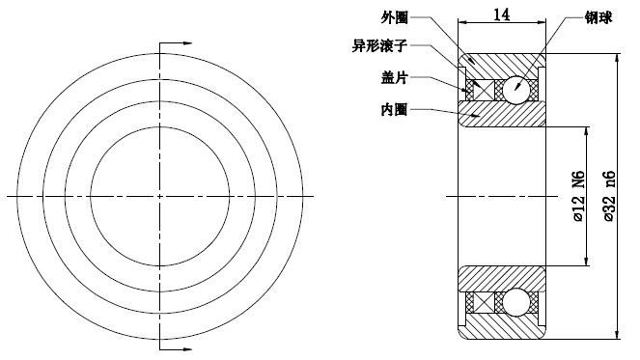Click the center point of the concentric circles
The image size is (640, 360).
(x=159, y=197)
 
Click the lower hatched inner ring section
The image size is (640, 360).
(x=502, y=278)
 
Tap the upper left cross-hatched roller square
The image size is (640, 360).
(x=472, y=90)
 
